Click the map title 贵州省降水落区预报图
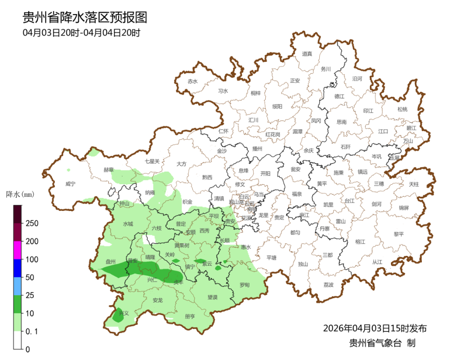pyautogui.click(x=85, y=18)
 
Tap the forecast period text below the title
pyautogui.click(x=82, y=33)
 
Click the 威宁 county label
pyautogui.click(x=70, y=184)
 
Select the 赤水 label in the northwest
pyautogui.click(x=193, y=81)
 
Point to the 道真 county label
pyautogui.click(x=307, y=54)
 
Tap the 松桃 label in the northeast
pyautogui.click(x=402, y=109)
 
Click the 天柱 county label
pyautogui.click(x=414, y=184)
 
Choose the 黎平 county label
pyautogui.click(x=398, y=234)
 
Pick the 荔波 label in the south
pyautogui.click(x=329, y=285)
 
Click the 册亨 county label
pyautogui.click(x=190, y=316)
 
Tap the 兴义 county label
pyautogui.click(x=124, y=313)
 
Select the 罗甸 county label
pyautogui.click(x=245, y=285)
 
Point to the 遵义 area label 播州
pyautogui.click(x=257, y=149)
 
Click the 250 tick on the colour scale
pyautogui.click(x=32, y=223)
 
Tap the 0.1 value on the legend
pyautogui.click(x=31, y=331)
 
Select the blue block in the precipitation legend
pyautogui.click(x=17, y=268)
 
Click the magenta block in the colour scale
pyautogui.click(x=17, y=250)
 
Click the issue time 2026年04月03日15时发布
pyautogui.click(x=375, y=328)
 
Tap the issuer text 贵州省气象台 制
pyautogui.click(x=382, y=343)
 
